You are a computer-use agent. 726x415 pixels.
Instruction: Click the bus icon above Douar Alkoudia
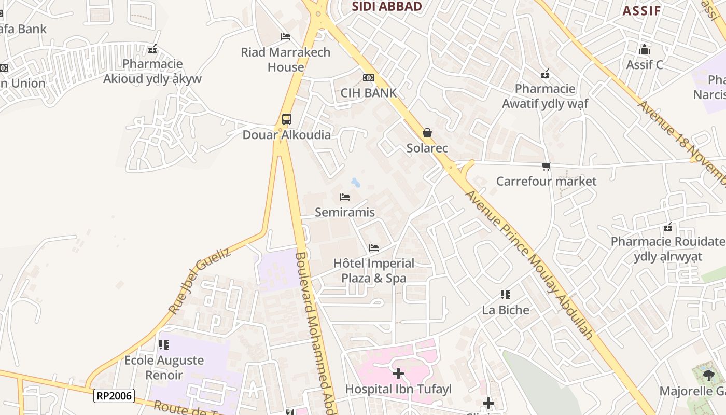(x=287, y=119)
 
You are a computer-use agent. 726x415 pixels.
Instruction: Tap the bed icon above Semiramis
(x=345, y=197)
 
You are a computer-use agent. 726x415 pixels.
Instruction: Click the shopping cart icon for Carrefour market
(x=546, y=166)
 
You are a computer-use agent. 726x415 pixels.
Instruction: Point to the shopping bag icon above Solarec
(x=427, y=133)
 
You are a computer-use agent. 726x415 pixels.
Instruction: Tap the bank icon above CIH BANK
(x=369, y=78)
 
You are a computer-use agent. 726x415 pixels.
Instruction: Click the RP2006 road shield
(x=114, y=396)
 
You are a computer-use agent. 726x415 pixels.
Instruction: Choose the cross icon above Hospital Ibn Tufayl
(x=398, y=374)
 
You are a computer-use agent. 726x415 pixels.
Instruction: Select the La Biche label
(x=506, y=310)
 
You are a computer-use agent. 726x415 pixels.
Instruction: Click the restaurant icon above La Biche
(x=506, y=295)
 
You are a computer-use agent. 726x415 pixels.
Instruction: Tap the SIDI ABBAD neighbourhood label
(x=387, y=6)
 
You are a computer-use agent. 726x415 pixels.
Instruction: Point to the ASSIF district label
(x=641, y=11)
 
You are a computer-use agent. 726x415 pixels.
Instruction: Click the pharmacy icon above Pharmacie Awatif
(x=545, y=74)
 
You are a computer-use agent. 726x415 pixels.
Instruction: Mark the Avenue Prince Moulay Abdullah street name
(x=529, y=265)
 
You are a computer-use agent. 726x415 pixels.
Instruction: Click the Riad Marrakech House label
(x=286, y=60)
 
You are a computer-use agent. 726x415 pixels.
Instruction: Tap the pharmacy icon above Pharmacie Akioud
(x=152, y=49)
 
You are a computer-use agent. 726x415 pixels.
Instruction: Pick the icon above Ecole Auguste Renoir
(x=164, y=344)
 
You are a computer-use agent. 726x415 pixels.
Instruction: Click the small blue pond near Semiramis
(x=356, y=182)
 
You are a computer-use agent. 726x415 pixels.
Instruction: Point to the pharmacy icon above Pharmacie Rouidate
(x=668, y=227)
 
